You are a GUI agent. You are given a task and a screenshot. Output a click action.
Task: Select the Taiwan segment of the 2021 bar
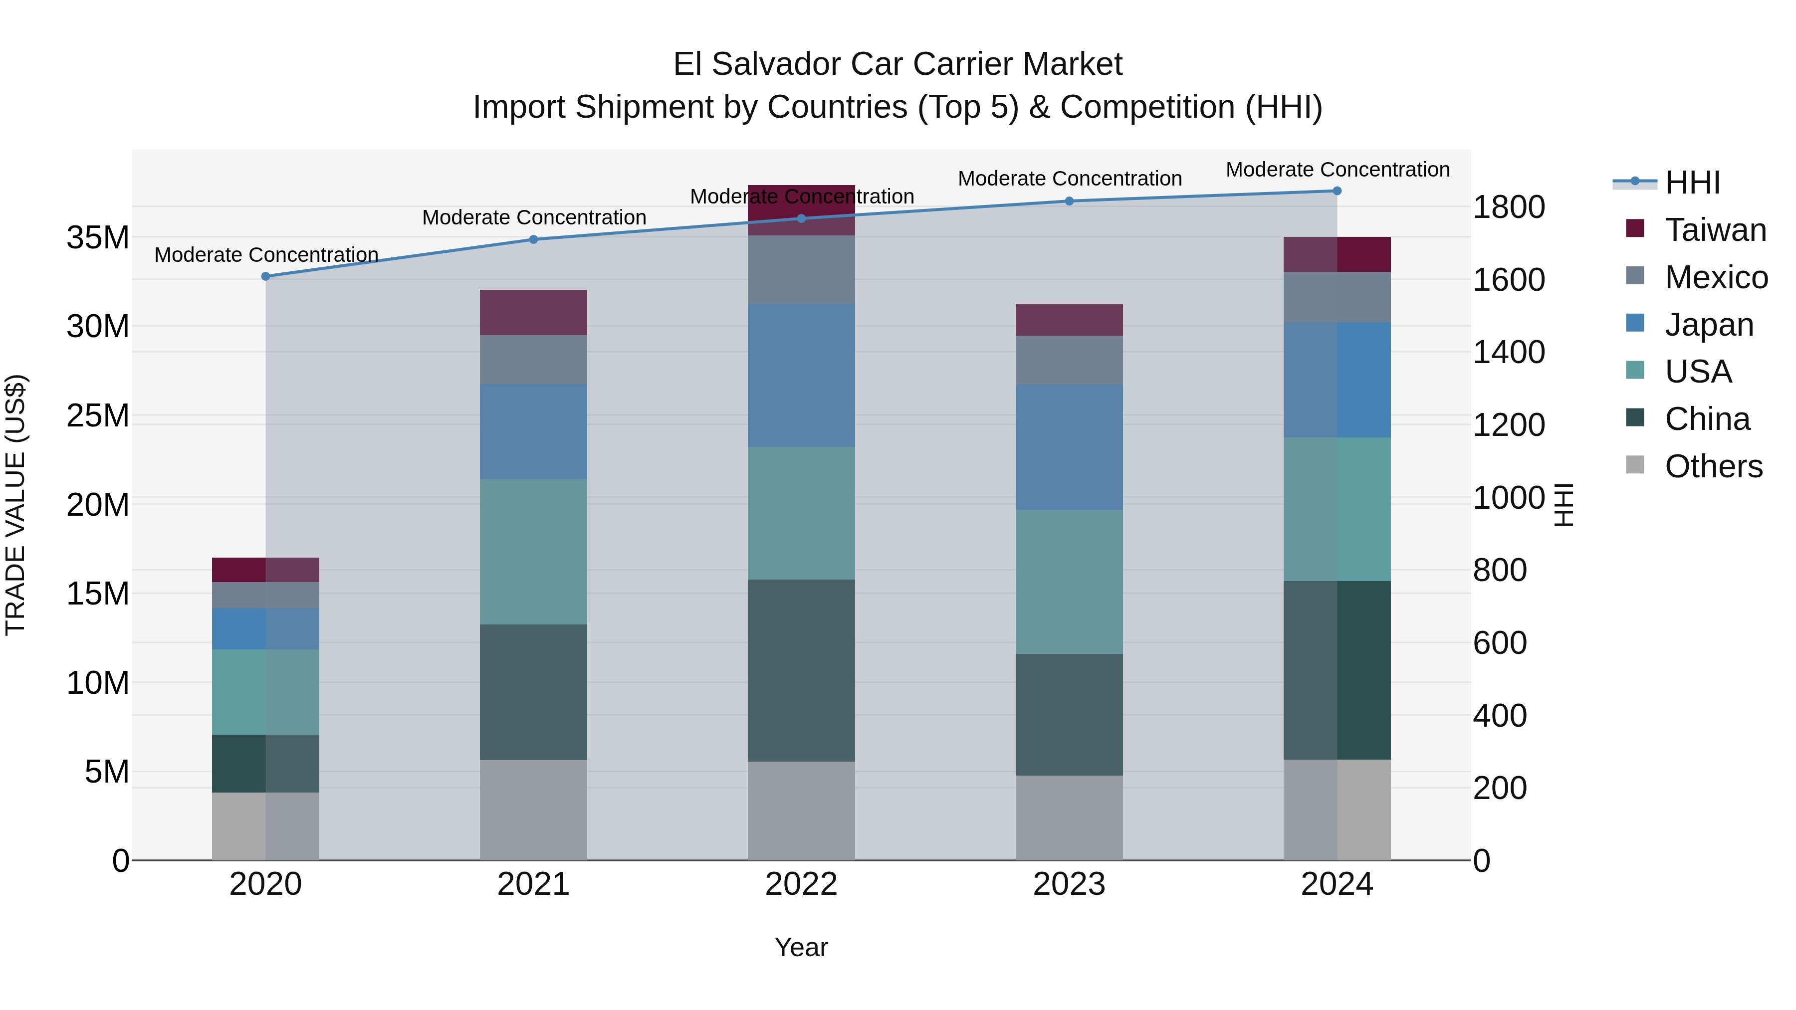(x=533, y=313)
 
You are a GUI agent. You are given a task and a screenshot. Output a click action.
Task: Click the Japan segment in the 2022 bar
(x=801, y=376)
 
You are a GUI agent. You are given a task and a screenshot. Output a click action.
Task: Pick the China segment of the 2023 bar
(x=1069, y=714)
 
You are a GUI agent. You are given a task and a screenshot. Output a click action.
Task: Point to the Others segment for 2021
(x=533, y=810)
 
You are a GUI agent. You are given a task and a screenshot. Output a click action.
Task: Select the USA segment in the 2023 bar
(x=1069, y=582)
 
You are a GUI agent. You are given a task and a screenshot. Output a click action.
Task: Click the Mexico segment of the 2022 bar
(x=801, y=270)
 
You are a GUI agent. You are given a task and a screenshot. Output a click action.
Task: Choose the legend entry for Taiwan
(x=1715, y=230)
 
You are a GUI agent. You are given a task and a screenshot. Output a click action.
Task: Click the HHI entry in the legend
(x=1692, y=183)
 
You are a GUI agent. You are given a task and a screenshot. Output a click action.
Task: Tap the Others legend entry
(x=1713, y=466)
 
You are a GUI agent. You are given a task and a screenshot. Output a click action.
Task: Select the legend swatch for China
(x=1635, y=418)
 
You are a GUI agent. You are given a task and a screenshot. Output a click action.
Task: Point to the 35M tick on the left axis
(x=98, y=238)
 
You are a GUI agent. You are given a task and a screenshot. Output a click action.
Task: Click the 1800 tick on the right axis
(x=1509, y=207)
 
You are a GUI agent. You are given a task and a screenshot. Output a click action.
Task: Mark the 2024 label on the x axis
(x=1337, y=884)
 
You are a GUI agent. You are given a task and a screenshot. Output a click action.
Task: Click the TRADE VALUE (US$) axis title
(x=16, y=505)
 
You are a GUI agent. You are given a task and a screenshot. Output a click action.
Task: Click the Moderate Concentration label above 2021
(x=534, y=217)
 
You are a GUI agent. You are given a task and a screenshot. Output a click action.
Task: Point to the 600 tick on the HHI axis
(x=1500, y=643)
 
